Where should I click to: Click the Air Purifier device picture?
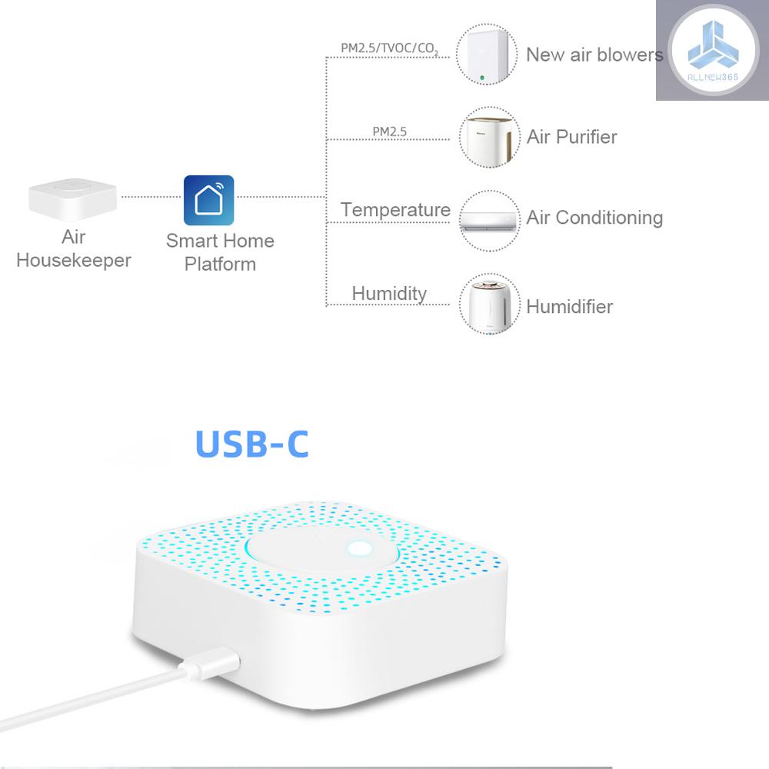click(486, 137)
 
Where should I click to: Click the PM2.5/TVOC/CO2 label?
click(389, 48)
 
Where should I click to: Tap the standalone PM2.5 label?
click(390, 131)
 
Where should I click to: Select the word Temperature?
click(395, 210)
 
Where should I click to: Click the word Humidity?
click(389, 293)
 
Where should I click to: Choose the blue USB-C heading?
click(251, 444)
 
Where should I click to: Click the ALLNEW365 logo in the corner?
click(711, 50)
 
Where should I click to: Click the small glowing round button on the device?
click(358, 549)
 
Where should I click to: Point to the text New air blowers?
click(594, 55)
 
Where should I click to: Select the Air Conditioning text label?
click(594, 218)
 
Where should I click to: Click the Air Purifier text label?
click(572, 137)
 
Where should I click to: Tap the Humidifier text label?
click(570, 306)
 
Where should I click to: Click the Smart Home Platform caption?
click(220, 252)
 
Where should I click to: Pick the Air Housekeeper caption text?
click(74, 248)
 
